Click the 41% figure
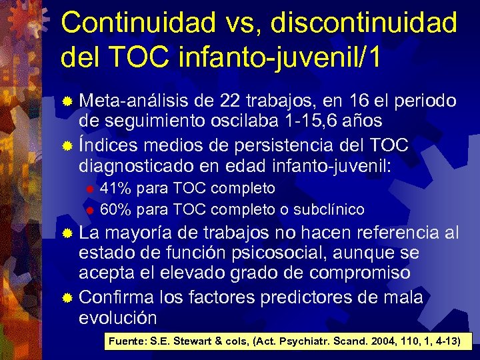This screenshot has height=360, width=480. point(115,189)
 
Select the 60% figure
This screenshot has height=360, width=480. point(115,209)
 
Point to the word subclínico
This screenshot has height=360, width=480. point(329,209)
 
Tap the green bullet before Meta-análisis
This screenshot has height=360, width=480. point(67,102)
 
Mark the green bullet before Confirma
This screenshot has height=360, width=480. point(67,298)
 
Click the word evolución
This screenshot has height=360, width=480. point(118,317)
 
